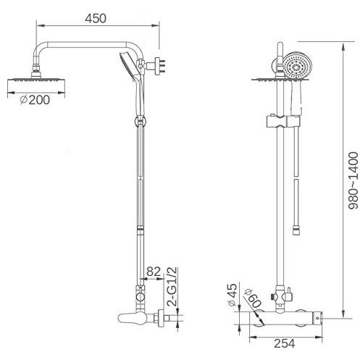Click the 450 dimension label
click(96, 19)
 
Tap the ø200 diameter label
click(35, 100)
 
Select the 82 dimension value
click(154, 272)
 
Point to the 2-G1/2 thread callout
click(173, 287)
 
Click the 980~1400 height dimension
click(353, 180)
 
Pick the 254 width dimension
click(285, 343)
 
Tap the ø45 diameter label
click(232, 295)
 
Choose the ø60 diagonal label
click(253, 298)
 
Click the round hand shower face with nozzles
click(297, 66)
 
